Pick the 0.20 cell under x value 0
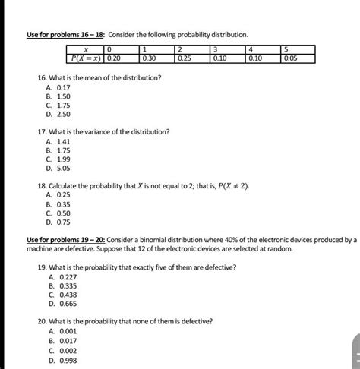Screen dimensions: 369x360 click(115, 57)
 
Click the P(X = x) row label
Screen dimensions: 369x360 click(85, 57)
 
